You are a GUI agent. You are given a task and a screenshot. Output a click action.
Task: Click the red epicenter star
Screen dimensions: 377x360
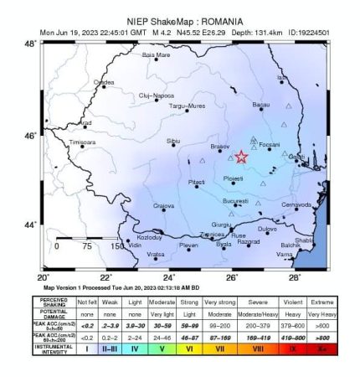241,157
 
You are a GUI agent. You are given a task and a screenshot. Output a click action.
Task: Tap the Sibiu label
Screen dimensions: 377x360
174,140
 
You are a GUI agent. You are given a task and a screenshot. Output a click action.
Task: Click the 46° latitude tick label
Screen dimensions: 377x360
29,135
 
